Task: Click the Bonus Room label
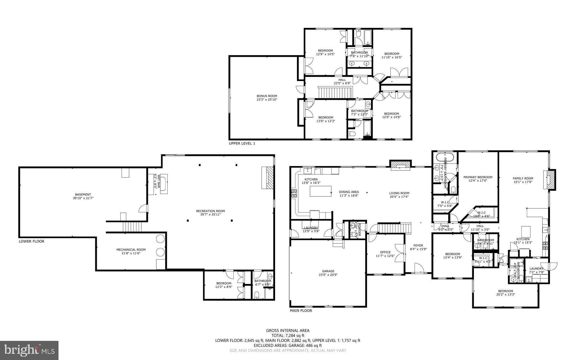click(x=267, y=96)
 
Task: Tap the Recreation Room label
click(x=210, y=211)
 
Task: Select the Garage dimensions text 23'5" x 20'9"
click(x=328, y=275)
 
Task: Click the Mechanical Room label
click(x=131, y=250)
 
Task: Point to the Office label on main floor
click(x=385, y=252)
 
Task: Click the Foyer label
click(x=418, y=245)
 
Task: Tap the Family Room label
click(x=523, y=178)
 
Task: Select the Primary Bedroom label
click(x=478, y=177)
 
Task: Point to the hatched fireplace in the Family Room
click(x=551, y=180)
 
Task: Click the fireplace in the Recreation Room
click(x=268, y=177)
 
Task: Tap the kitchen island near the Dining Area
click(x=320, y=191)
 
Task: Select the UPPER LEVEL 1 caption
click(x=242, y=143)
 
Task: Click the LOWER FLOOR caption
click(x=31, y=241)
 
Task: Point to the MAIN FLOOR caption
click(x=301, y=311)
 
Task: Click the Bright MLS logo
click(x=29, y=350)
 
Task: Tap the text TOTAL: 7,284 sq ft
click(x=288, y=336)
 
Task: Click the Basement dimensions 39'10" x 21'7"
click(x=83, y=198)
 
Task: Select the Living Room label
click(x=399, y=193)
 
